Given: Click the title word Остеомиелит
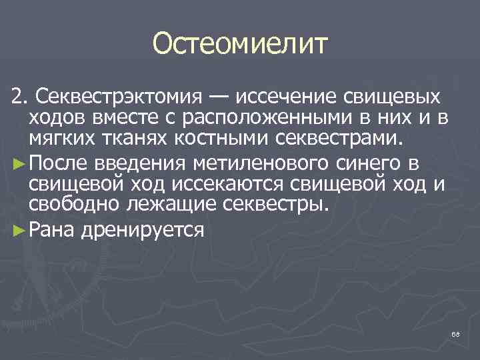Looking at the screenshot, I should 240,45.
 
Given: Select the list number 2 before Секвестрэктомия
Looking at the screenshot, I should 19,98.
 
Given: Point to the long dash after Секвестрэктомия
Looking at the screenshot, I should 217,97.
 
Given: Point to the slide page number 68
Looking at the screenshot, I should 455,334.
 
